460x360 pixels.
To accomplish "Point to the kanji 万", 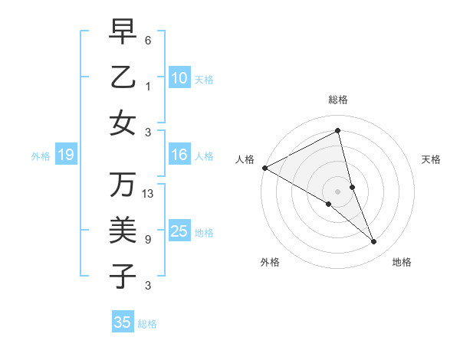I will (x=123, y=185).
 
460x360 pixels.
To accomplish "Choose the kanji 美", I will (x=123, y=231).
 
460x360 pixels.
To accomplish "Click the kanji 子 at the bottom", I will (x=123, y=276).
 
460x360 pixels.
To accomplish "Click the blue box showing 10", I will (x=179, y=78).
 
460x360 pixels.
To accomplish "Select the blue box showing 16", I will (x=179, y=155).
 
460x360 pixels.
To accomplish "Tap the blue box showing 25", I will (x=179, y=231).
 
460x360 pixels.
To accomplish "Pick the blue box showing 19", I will (x=65, y=155).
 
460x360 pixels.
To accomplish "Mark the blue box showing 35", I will (x=123, y=322).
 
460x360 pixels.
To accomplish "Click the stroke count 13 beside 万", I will (x=148, y=194).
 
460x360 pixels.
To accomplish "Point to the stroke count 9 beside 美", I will (x=148, y=240).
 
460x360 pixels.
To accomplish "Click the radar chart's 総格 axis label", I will (x=338, y=100).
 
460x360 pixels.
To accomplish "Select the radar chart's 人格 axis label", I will (x=245, y=159).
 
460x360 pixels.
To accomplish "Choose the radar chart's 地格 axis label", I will (x=402, y=262).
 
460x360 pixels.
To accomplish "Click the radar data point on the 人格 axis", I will (x=264, y=168).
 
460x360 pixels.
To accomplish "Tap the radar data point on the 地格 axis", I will (x=374, y=242).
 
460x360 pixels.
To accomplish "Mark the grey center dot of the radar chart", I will (x=338, y=191).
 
